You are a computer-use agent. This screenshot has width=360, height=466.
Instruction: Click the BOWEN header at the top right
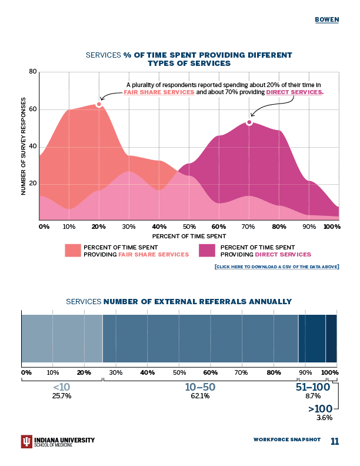coord(326,19)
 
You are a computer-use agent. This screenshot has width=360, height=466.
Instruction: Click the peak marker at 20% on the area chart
coord(99,104)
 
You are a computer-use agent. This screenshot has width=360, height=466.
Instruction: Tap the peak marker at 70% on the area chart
coord(249,122)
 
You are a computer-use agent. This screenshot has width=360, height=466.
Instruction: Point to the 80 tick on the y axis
coord(33,72)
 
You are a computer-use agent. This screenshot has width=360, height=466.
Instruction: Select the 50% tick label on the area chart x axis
coord(189,227)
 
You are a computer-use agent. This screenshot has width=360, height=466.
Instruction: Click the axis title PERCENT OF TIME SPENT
coord(189,235)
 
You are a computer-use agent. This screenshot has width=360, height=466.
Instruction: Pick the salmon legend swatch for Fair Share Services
coord(72,251)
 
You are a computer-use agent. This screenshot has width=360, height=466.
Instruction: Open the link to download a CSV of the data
coord(276,267)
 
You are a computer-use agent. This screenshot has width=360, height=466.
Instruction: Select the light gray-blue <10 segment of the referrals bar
coord(62,338)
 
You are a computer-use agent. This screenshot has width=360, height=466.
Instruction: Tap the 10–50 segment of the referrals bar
coord(200,338)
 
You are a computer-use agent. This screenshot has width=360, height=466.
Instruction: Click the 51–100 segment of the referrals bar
coord(312,338)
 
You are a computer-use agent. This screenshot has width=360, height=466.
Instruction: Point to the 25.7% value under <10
coord(62,396)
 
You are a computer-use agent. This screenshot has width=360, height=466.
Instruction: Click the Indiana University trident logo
coord(26,442)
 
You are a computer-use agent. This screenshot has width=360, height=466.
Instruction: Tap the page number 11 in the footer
coord(335,442)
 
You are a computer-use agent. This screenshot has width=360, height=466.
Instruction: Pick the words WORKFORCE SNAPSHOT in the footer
coord(287,440)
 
